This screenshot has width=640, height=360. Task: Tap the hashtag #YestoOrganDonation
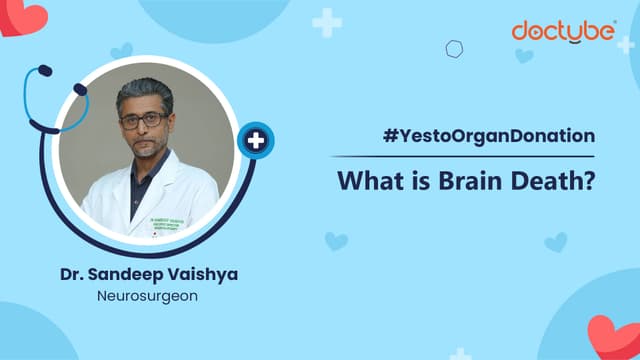(x=488, y=137)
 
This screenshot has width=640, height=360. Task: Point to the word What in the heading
(x=370, y=182)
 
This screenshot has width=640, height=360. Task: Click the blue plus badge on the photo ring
(x=255, y=140)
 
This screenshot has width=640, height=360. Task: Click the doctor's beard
(x=146, y=149)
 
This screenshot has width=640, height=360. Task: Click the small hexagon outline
(x=454, y=48)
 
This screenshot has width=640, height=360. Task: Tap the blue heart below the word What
(x=336, y=241)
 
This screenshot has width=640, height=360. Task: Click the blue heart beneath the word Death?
(x=555, y=242)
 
